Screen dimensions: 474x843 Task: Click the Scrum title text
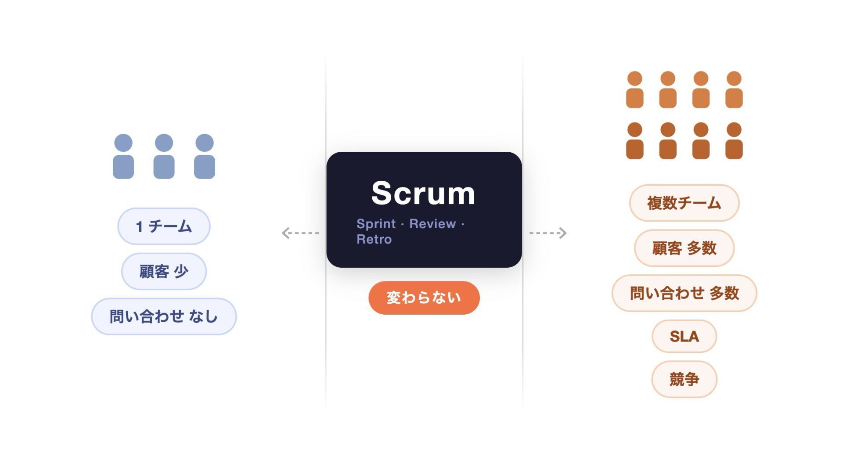(423, 193)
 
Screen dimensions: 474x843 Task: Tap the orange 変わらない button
(424, 298)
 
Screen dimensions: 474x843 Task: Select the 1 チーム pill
(164, 226)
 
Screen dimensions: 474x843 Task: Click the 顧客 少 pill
(164, 271)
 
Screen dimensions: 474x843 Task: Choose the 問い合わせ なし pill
(164, 316)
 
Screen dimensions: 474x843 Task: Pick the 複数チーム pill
(684, 203)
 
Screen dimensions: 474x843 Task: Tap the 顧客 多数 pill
(684, 248)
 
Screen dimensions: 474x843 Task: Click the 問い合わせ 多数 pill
(684, 293)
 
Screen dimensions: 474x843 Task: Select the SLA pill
(684, 336)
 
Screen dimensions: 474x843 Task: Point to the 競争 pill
(684, 379)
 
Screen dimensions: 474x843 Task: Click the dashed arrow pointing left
(300, 233)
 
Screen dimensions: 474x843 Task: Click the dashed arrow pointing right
(548, 233)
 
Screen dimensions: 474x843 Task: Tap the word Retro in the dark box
(374, 239)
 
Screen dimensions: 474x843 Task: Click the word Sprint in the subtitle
(376, 224)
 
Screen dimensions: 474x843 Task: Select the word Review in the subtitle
(432, 224)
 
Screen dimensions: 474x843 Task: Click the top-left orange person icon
(635, 90)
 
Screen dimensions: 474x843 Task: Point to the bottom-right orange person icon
(734, 141)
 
